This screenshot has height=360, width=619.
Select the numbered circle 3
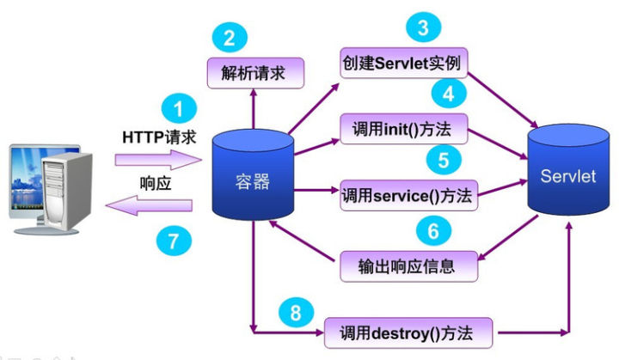(x=424, y=27)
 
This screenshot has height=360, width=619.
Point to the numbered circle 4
(x=449, y=92)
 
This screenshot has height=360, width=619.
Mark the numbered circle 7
(x=174, y=241)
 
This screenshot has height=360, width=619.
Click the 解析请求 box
(x=256, y=72)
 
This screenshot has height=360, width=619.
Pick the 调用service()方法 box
(x=408, y=196)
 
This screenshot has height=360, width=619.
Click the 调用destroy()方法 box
(x=410, y=331)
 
